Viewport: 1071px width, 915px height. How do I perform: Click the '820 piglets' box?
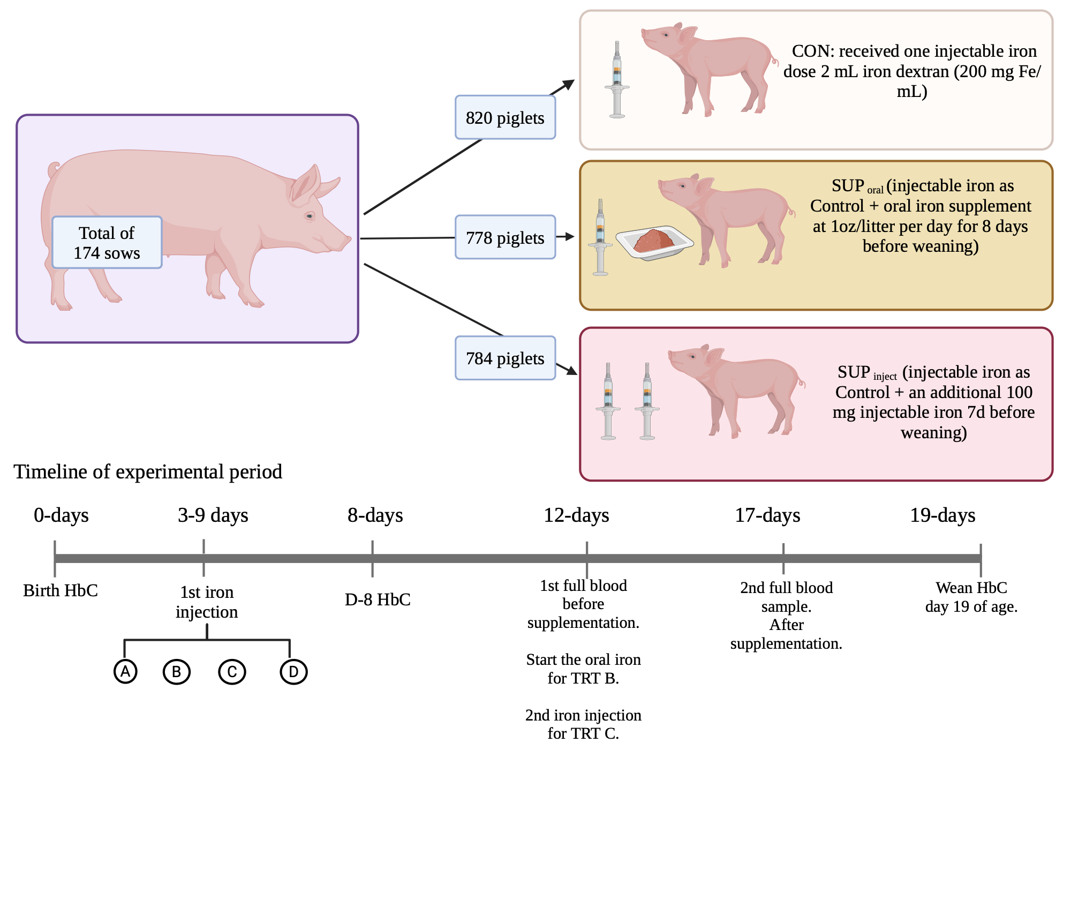[x=505, y=118]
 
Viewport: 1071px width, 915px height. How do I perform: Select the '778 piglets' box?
[x=505, y=237]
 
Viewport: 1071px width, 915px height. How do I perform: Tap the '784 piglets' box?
[x=505, y=358]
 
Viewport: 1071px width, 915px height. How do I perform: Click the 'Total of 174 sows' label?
[x=107, y=243]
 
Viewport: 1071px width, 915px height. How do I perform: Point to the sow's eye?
[x=310, y=216]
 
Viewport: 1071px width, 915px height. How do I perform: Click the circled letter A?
[x=125, y=671]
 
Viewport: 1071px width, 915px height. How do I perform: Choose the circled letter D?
[x=293, y=672]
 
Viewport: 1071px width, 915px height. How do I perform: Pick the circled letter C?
[x=232, y=672]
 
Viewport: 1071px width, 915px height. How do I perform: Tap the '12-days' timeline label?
[x=576, y=515]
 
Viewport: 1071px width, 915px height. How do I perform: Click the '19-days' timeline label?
[x=942, y=515]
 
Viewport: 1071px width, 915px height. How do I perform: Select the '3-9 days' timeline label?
[x=213, y=515]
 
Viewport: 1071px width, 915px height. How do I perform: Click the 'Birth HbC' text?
[x=61, y=590]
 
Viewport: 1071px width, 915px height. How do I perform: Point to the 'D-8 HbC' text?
[x=378, y=599]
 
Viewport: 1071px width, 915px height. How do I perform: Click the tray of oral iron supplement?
[x=654, y=242]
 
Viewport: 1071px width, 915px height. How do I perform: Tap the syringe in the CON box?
[x=617, y=80]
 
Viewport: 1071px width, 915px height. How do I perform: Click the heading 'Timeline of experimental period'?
[x=148, y=471]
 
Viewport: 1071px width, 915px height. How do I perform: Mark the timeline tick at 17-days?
[x=783, y=558]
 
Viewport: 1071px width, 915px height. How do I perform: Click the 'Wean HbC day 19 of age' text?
[x=971, y=597]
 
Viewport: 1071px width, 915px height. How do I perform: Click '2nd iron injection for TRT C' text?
[x=583, y=724]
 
